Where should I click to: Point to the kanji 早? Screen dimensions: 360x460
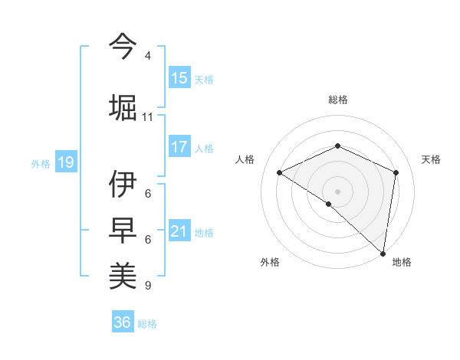tap(123, 230)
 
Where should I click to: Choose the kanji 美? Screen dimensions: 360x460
tap(123, 275)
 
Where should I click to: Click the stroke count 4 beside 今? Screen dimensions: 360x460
tap(148, 56)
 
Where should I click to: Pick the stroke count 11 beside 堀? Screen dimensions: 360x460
tap(148, 117)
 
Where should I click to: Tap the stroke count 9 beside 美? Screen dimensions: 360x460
tap(147, 286)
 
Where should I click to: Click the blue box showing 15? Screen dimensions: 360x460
tap(179, 78)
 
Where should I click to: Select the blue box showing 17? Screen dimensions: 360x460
tap(179, 147)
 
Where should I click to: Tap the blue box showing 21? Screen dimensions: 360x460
tap(179, 231)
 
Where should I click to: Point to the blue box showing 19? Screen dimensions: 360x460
tap(66, 162)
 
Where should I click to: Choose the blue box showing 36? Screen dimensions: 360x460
tap(123, 322)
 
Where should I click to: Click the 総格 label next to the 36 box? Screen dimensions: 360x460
tap(147, 324)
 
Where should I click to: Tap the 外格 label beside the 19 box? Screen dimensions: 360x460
tap(41, 163)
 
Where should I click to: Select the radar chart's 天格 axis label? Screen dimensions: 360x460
tap(432, 159)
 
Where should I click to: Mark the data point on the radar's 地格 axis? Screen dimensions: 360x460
tap(383, 254)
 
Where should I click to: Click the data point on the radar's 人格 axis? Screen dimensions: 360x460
tap(280, 173)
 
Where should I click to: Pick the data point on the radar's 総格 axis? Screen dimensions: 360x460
tap(337, 146)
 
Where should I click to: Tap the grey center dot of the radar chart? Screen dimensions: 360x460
tap(337, 191)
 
